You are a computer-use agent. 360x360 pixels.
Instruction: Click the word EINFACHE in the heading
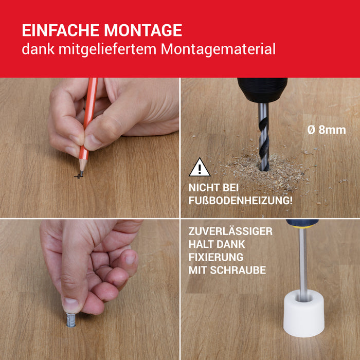(x=61, y=30)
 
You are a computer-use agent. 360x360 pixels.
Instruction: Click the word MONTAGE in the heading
(x=143, y=30)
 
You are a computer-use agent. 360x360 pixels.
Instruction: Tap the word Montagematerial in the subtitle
(x=218, y=49)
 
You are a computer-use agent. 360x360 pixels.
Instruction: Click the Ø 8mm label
(x=327, y=130)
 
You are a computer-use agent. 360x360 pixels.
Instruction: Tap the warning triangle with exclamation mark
(x=200, y=168)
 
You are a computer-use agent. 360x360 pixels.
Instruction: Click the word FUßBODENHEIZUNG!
(x=240, y=201)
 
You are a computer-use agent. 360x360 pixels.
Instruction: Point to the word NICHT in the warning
(x=203, y=188)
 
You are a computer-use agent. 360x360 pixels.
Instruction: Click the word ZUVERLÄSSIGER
(x=230, y=231)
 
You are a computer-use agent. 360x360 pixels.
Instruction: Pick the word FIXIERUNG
(x=216, y=257)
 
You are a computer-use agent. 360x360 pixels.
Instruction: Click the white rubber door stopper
(x=304, y=314)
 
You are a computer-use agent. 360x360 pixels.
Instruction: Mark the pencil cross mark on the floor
(x=79, y=176)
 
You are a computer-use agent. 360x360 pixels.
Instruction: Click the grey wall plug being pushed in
(x=71, y=320)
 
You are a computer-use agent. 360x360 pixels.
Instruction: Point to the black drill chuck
(x=262, y=90)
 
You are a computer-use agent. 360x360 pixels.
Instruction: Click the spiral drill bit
(x=263, y=137)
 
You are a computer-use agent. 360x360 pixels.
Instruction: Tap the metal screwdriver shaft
(x=303, y=264)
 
